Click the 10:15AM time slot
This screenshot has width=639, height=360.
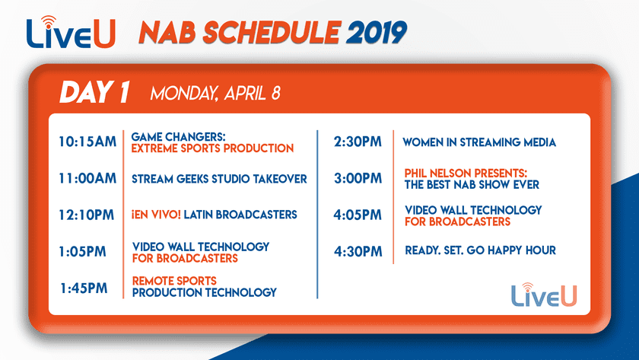coord(87,142)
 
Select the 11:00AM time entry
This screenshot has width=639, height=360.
coord(87,179)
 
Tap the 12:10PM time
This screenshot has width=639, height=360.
coord(87,215)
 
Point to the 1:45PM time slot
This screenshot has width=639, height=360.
coord(84,288)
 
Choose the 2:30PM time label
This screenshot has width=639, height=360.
coord(358,142)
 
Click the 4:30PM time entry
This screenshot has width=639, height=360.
coord(358,252)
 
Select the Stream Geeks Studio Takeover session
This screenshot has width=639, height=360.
coord(219,179)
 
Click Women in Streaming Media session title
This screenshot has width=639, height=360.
coord(479,142)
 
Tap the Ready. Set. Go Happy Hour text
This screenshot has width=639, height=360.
coord(481,250)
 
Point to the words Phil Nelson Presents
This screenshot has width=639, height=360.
coord(466,174)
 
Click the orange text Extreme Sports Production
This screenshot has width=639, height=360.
coord(212,148)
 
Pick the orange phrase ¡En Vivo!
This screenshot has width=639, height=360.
coord(156,215)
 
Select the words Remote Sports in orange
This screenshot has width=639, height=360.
coord(174,281)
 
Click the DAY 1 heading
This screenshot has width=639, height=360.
coord(94,92)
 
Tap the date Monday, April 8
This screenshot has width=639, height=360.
coord(215,94)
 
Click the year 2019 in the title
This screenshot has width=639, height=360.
coord(377,32)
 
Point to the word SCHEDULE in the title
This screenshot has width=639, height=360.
coord(270,32)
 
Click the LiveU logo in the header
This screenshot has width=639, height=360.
coord(71,32)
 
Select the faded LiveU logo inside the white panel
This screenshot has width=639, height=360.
coord(544,295)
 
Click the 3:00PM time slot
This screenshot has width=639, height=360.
coord(358,179)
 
